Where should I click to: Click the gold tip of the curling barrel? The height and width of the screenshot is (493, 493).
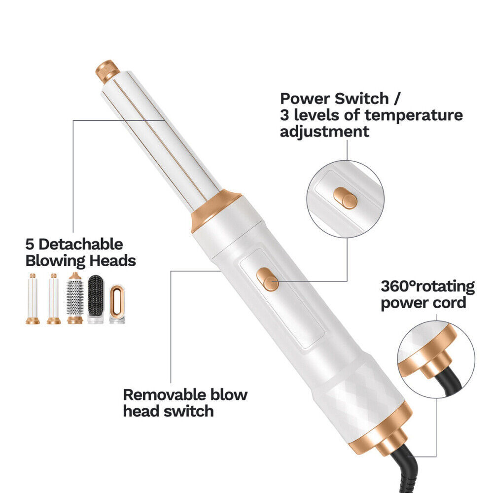[x=107, y=71]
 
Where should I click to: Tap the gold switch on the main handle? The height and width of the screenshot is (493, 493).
[x=268, y=279]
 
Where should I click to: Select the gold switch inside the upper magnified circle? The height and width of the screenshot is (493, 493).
[x=345, y=198]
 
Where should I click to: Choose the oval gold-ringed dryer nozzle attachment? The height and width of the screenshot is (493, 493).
[x=117, y=304]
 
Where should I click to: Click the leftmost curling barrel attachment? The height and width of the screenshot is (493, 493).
[x=33, y=299]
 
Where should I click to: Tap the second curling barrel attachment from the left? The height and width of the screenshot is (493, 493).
[x=54, y=299]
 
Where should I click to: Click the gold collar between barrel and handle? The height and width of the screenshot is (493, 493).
[x=215, y=209]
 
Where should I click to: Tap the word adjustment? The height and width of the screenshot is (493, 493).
[x=324, y=132]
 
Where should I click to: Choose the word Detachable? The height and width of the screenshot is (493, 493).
[x=80, y=245]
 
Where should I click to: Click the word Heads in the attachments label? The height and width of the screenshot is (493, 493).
[x=112, y=261]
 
